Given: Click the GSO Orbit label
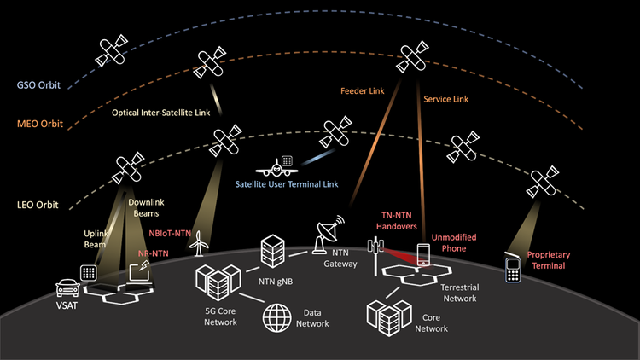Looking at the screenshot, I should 37,86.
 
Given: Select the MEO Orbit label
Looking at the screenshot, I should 38,125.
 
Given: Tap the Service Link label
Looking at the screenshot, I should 445,100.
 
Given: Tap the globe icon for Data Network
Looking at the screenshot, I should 278,316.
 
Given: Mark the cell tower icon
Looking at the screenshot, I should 373,253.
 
